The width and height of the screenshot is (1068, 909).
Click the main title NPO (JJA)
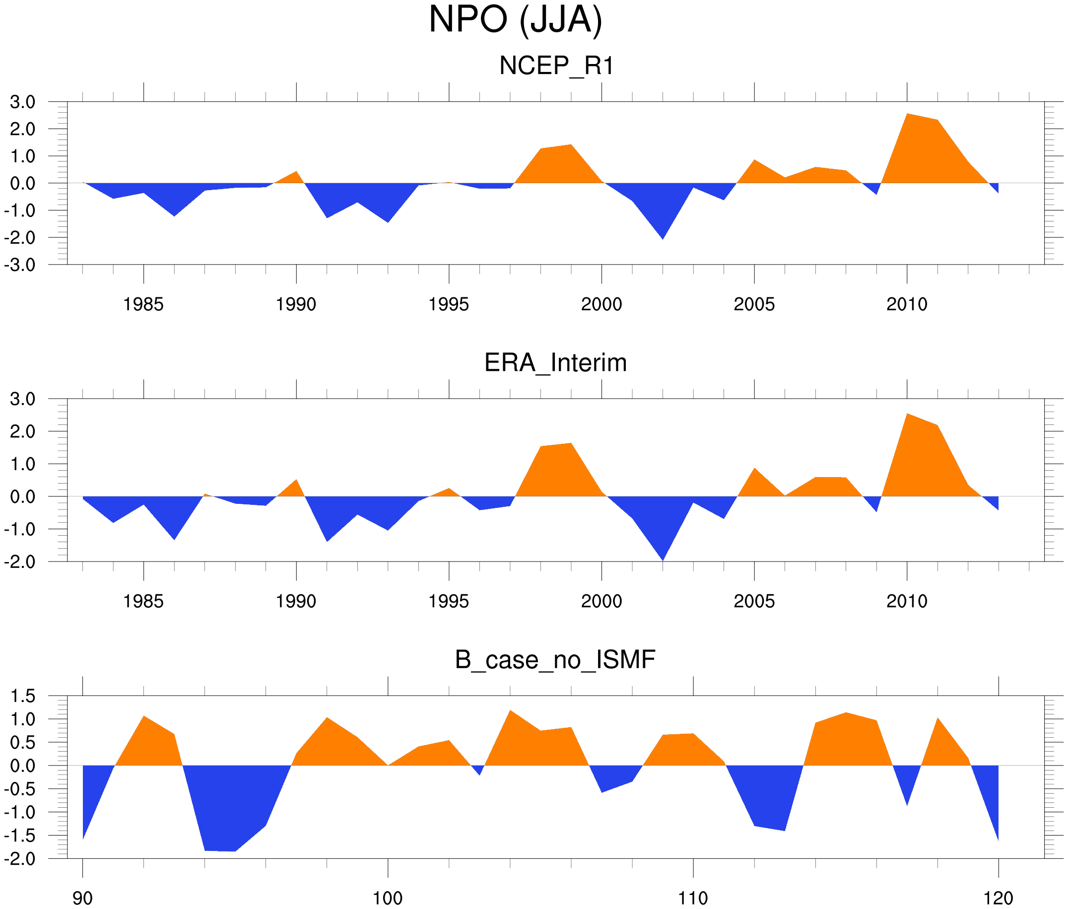515,19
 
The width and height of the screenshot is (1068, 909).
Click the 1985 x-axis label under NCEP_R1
143,304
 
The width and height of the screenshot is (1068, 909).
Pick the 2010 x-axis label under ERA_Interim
907,601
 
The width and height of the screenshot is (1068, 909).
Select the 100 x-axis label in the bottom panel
388,898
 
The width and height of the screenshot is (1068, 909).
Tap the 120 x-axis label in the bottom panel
999,898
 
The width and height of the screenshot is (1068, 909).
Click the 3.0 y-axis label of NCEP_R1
23,102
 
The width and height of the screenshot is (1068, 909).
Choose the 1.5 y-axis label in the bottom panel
23,696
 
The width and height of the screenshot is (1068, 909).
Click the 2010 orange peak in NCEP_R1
907,114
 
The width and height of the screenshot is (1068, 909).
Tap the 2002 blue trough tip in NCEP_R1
663,239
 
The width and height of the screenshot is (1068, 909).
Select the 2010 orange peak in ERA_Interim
907,415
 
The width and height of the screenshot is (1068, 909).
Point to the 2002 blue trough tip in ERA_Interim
663,559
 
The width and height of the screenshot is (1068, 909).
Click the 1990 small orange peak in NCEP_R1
296,172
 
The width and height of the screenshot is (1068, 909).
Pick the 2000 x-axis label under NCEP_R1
601,304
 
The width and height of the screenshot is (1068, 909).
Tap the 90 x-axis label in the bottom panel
82,898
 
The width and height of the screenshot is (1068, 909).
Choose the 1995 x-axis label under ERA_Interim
449,601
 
